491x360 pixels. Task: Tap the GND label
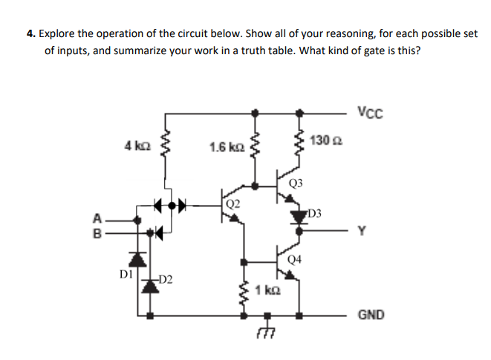(371, 315)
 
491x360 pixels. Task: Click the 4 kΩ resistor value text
(138, 145)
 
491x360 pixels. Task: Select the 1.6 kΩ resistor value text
(224, 147)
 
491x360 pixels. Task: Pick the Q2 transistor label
(233, 201)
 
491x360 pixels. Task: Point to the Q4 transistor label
(296, 259)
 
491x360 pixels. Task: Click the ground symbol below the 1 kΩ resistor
(256, 335)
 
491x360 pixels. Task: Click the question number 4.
(29, 34)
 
